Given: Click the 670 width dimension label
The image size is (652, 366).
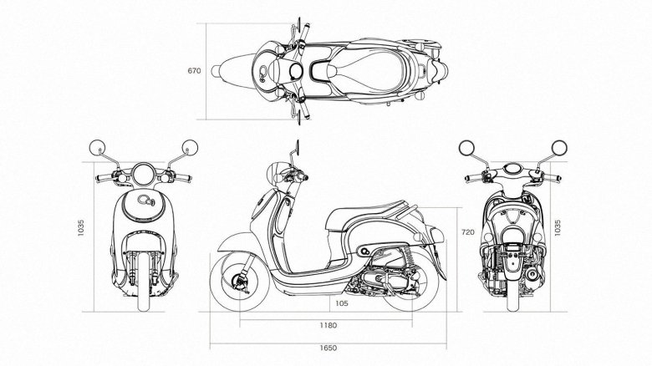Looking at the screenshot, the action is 194,71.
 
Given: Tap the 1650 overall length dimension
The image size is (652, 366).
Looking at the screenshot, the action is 328,348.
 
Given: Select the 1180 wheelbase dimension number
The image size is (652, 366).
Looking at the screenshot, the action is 328,325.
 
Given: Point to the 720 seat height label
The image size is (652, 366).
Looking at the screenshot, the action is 468,232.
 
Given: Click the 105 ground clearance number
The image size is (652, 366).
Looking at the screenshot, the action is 341,303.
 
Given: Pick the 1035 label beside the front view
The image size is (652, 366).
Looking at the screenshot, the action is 81,228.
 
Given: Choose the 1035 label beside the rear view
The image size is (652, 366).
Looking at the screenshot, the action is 558,228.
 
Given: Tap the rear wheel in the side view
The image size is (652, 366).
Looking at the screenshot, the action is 411,282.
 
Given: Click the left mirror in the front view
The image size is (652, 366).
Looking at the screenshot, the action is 98,148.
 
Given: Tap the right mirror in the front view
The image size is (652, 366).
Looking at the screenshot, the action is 190,148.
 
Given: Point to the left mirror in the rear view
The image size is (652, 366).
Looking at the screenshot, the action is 466,148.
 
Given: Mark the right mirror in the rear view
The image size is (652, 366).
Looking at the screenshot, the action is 559,148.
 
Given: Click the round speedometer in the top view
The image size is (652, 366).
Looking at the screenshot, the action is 296,71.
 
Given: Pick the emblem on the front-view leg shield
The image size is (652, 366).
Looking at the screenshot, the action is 145,201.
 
